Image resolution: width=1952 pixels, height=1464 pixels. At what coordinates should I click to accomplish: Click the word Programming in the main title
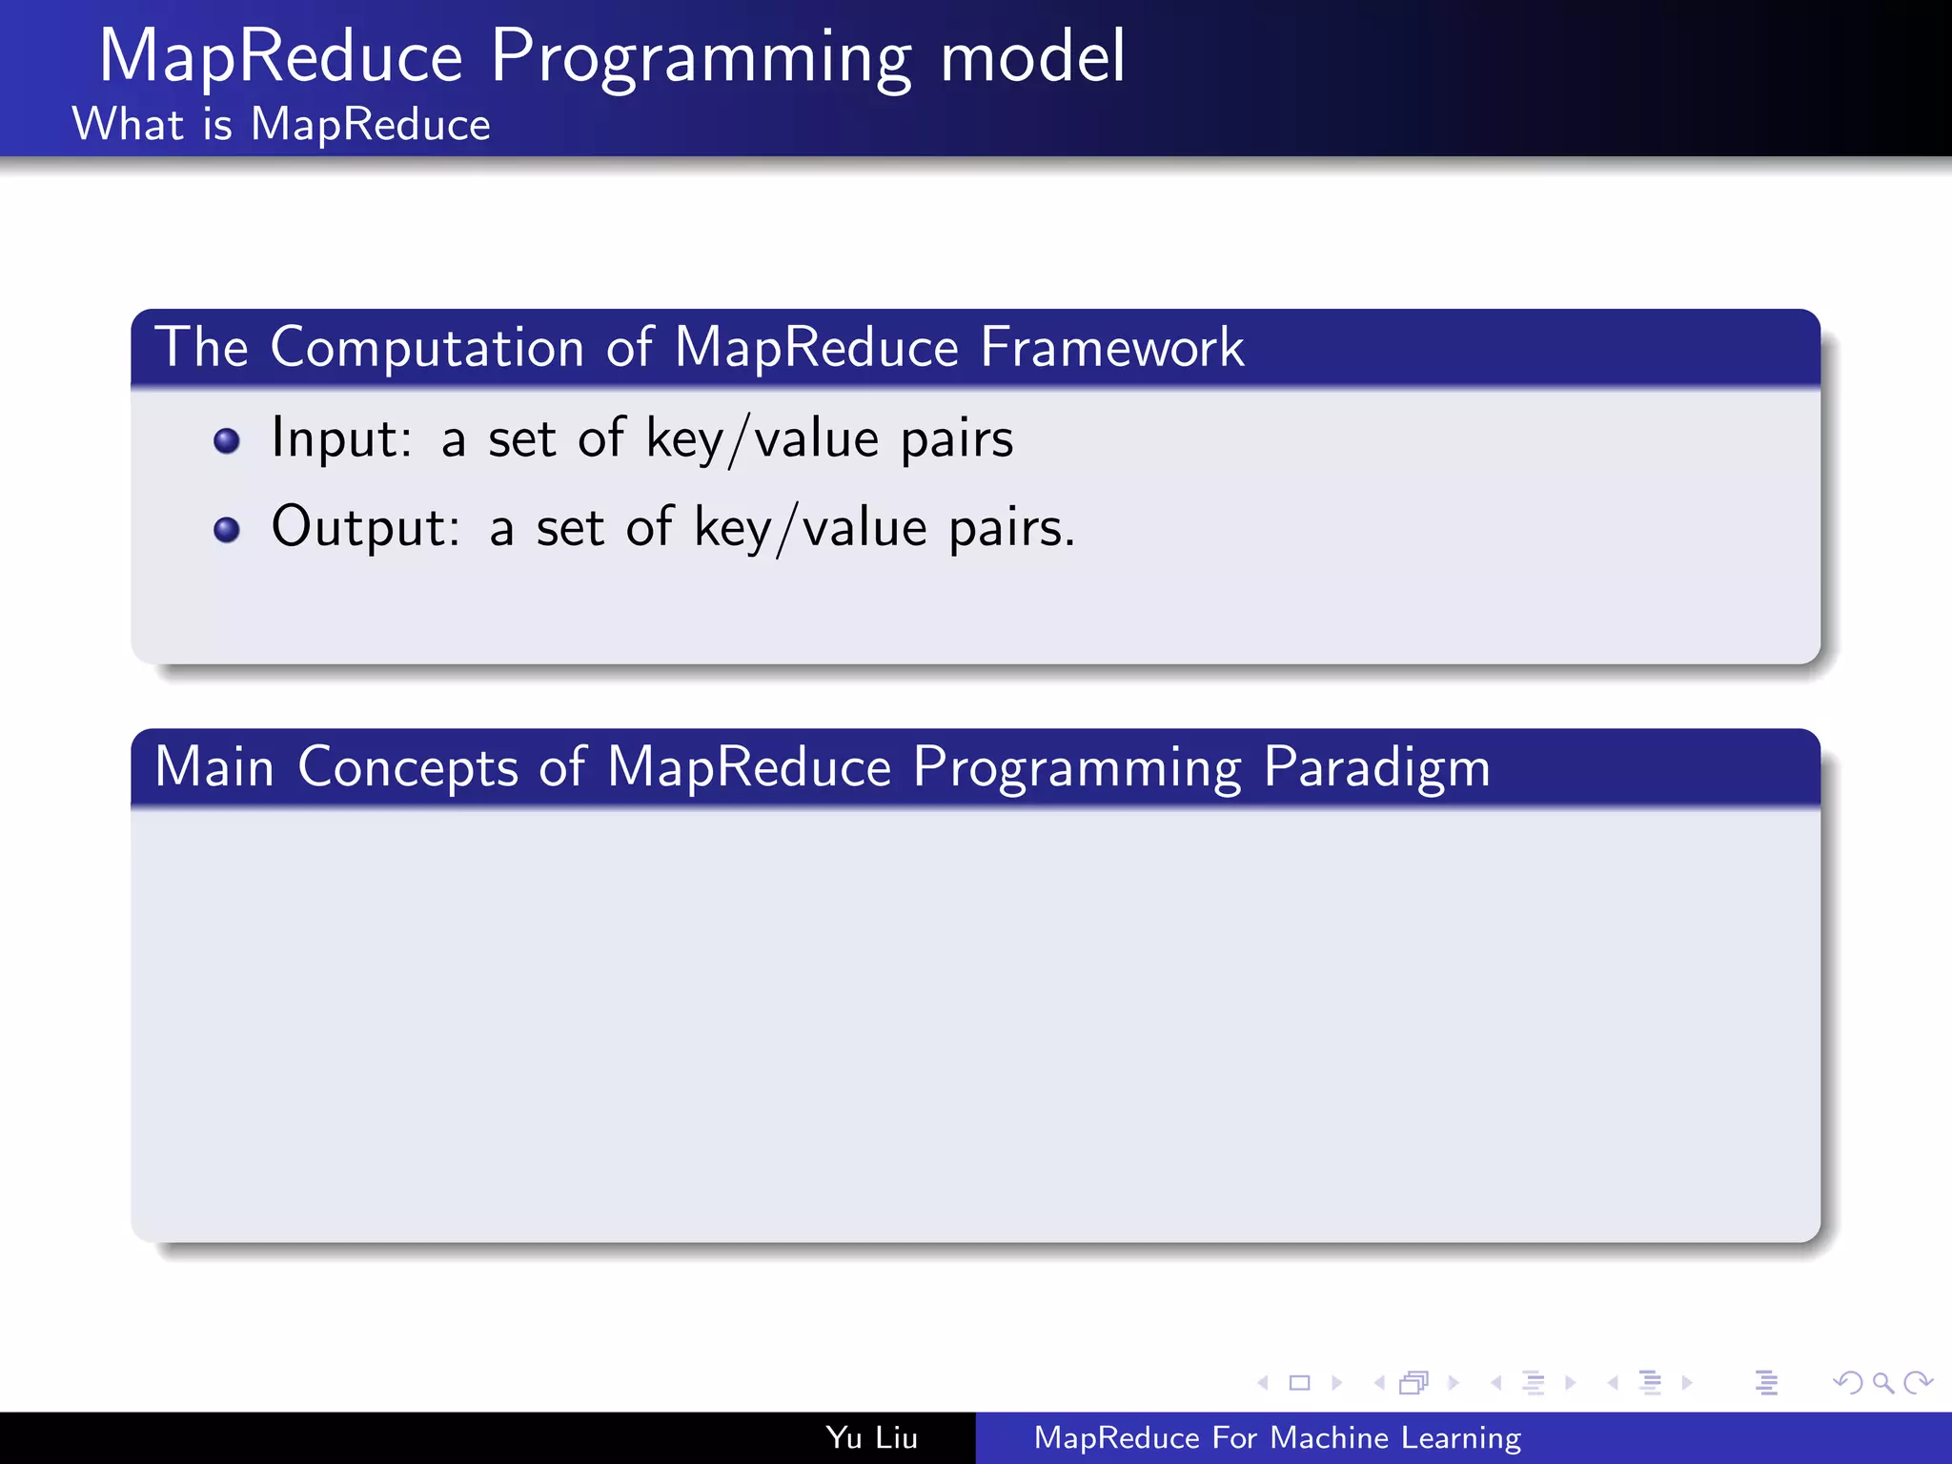pyautogui.click(x=701, y=59)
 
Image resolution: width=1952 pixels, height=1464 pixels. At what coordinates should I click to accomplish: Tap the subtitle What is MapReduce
pyautogui.click(x=281, y=125)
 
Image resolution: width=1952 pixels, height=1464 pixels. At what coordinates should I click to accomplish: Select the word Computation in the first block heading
pyautogui.click(x=427, y=348)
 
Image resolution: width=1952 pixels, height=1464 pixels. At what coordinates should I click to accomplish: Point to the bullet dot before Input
pyautogui.click(x=227, y=441)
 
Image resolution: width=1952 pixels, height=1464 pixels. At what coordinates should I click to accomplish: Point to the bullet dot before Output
pyautogui.click(x=227, y=530)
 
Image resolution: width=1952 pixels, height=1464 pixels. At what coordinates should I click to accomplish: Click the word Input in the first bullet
pyautogui.click(x=340, y=439)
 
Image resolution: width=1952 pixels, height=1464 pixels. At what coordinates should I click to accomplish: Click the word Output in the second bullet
pyautogui.click(x=365, y=527)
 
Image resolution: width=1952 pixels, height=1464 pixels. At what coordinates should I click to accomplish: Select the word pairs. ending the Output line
pyautogui.click(x=1011, y=528)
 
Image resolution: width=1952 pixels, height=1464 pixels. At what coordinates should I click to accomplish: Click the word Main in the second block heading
pyautogui.click(x=214, y=767)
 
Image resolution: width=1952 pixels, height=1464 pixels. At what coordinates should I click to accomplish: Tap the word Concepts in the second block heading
pyautogui.click(x=408, y=768)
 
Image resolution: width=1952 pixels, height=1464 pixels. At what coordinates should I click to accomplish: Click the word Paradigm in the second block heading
pyautogui.click(x=1376, y=768)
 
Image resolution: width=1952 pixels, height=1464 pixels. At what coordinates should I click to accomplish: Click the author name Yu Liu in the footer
pyautogui.click(x=871, y=1438)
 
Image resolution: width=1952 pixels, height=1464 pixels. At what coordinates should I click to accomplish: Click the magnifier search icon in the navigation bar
pyautogui.click(x=1882, y=1383)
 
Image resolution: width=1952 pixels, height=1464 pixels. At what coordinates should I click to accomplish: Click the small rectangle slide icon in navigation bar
pyautogui.click(x=1299, y=1383)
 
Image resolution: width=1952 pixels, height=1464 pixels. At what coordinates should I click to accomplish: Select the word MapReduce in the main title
pyautogui.click(x=281, y=59)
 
